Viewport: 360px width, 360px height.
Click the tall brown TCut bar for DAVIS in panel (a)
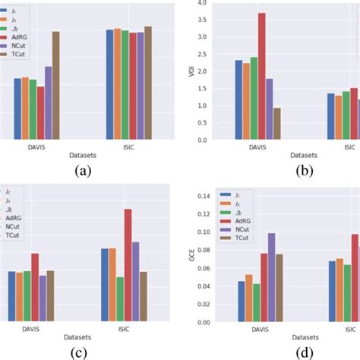[x=55, y=85]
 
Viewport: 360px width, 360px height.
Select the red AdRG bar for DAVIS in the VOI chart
[x=261, y=76]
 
